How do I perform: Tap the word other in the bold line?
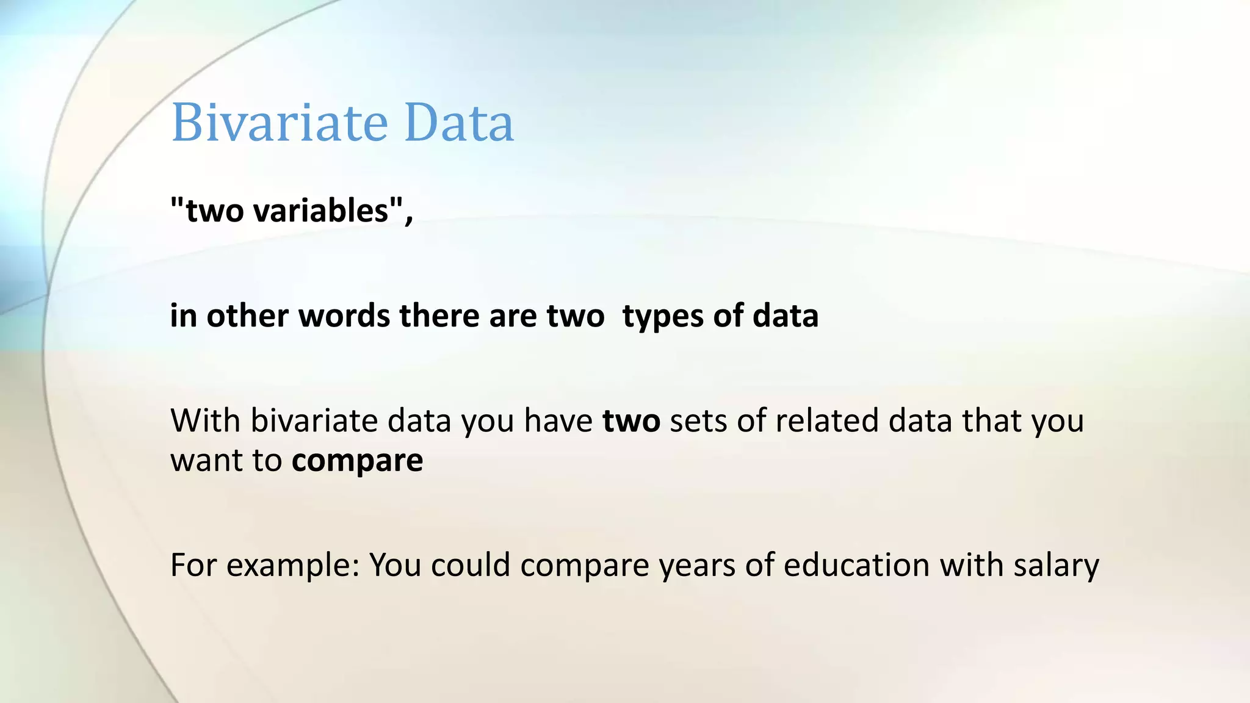(x=247, y=316)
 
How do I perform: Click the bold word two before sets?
(x=631, y=421)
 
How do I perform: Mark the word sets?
(x=698, y=421)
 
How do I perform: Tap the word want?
(x=205, y=461)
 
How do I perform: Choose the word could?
(x=470, y=564)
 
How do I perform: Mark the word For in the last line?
(x=193, y=564)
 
